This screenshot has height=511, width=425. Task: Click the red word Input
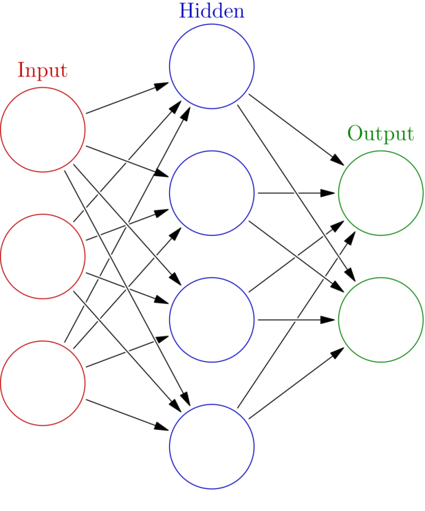pyautogui.click(x=42, y=70)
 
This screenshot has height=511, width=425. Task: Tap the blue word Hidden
pyautogui.click(x=212, y=11)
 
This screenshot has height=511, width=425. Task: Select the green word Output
pyautogui.click(x=380, y=133)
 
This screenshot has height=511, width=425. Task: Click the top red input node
pyautogui.click(x=43, y=129)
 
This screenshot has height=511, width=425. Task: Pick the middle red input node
pyautogui.click(x=43, y=256)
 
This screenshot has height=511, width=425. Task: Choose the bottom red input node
pyautogui.click(x=43, y=382)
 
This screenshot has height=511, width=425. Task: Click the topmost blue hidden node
pyautogui.click(x=212, y=66)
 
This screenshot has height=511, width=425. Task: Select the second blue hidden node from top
pyautogui.click(x=212, y=193)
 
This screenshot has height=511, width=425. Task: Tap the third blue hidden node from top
pyautogui.click(x=212, y=319)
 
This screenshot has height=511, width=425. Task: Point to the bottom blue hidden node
pyautogui.click(x=212, y=446)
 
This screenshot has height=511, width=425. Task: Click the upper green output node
pyautogui.click(x=380, y=193)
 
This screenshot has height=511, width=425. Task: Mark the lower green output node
pyautogui.click(x=380, y=319)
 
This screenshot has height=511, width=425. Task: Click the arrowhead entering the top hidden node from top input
pyautogui.click(x=166, y=83)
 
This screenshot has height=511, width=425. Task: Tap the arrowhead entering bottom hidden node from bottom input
pyautogui.click(x=166, y=429)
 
